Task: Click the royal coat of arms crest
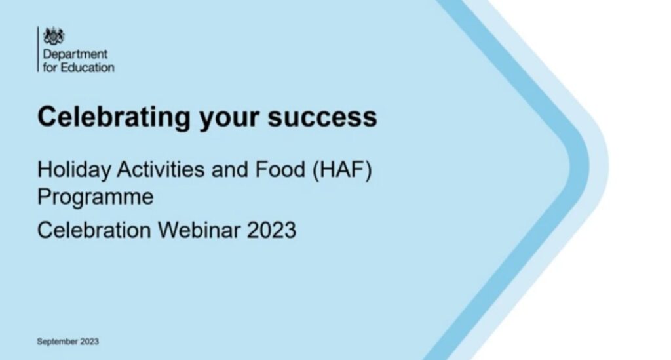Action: coord(54,35)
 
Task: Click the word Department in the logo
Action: coord(75,55)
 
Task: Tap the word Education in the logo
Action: coord(87,68)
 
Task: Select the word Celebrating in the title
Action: coord(114,117)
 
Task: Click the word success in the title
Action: coord(322,117)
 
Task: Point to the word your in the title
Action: coord(229,119)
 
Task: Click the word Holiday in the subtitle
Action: coord(74,170)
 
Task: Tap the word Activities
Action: coord(161,170)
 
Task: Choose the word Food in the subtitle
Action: coord(280,170)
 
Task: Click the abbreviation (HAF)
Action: coord(342,170)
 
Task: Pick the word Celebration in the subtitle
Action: coord(94,230)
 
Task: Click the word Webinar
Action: coord(199,230)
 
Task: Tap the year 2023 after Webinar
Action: coord(271,230)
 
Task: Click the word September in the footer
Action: coord(58,342)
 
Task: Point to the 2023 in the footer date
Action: coord(89,341)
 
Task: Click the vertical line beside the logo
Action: coord(38,49)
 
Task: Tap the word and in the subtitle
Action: coord(230,170)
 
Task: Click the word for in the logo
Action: coord(50,68)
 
